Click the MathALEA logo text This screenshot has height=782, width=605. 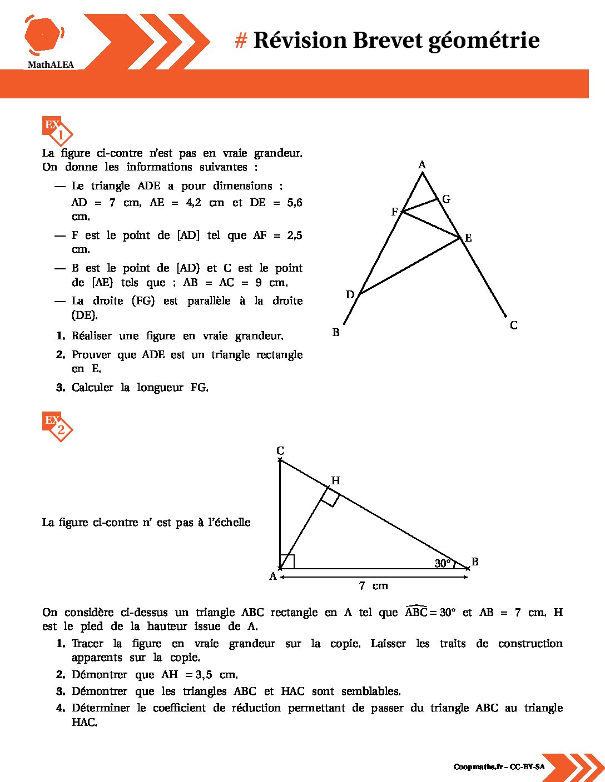(51, 65)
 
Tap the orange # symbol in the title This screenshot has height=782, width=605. (241, 41)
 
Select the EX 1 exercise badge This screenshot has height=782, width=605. (57, 131)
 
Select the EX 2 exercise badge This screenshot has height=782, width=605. (57, 426)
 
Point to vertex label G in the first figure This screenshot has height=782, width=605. (446, 199)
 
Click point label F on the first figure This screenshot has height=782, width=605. (394, 212)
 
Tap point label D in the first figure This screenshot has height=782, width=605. (350, 294)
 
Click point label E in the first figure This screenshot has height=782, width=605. (468, 238)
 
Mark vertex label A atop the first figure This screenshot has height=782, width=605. (421, 165)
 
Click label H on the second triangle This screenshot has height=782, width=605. (335, 481)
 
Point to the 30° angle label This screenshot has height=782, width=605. (443, 564)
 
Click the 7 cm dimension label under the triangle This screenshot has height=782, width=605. (373, 586)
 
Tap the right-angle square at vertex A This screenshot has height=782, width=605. (287, 562)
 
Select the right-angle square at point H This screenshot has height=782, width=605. (330, 498)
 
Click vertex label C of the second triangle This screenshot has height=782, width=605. (280, 451)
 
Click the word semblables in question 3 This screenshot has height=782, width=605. (371, 691)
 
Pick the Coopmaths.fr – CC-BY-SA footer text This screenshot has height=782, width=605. (499, 767)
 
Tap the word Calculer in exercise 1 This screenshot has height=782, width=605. (92, 388)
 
